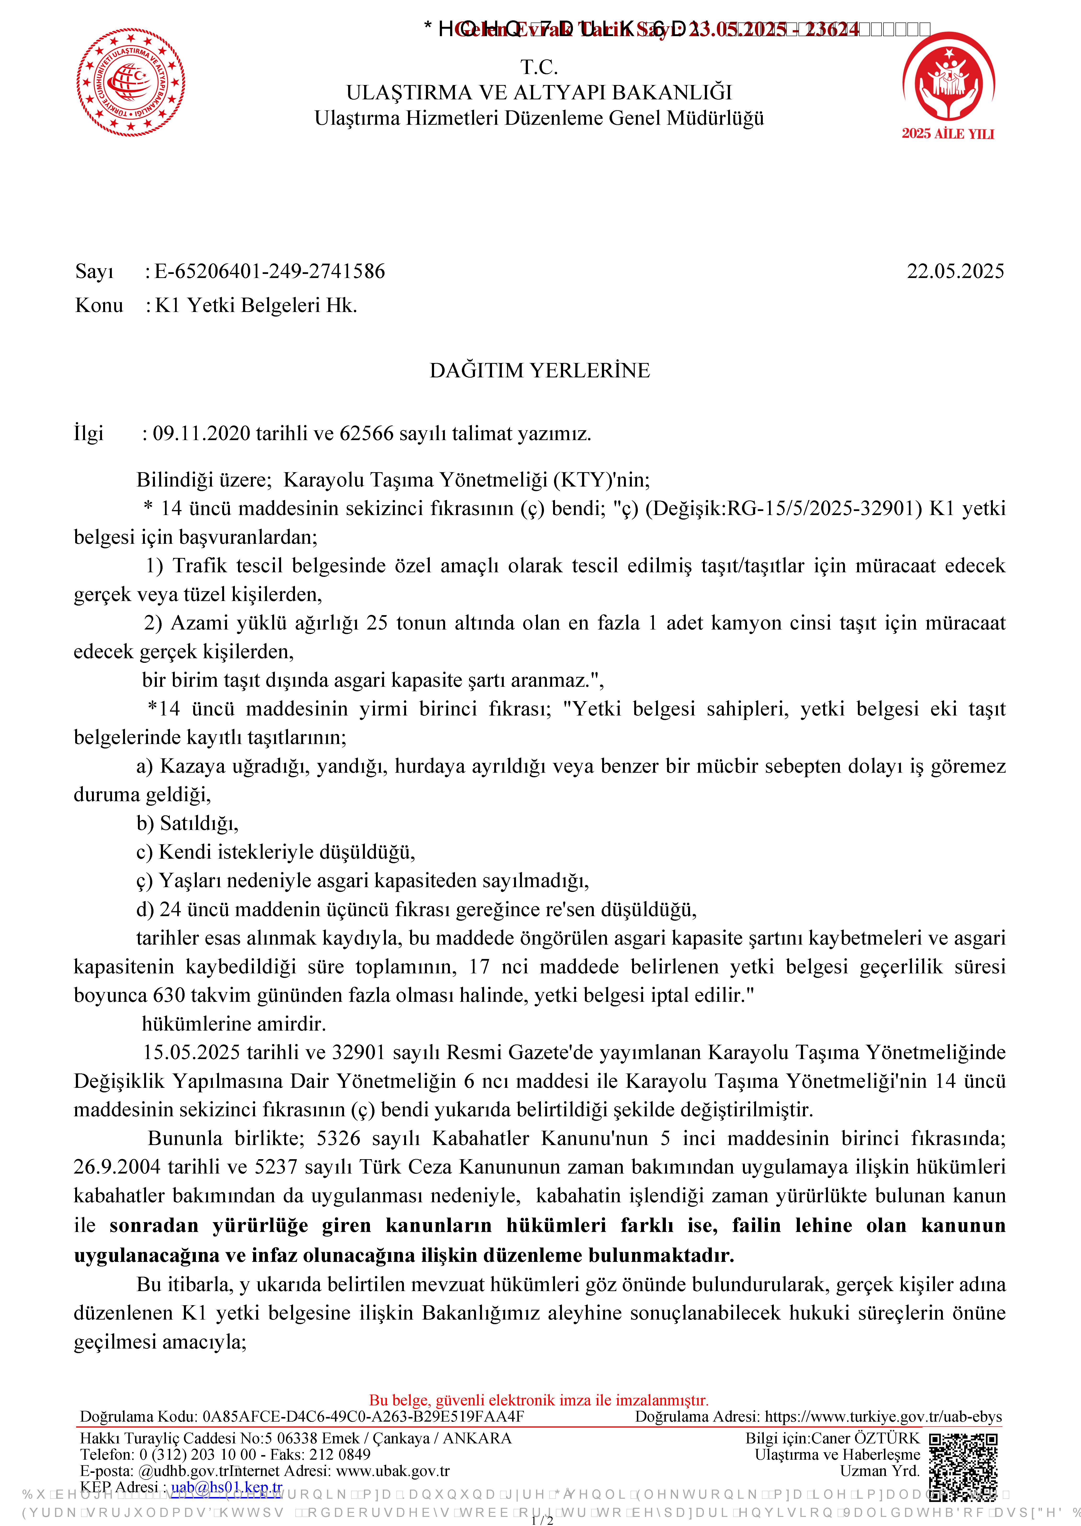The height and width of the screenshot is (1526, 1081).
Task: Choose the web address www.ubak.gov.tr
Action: click(393, 1471)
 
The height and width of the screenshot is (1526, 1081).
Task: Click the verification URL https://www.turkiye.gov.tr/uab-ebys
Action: click(883, 1416)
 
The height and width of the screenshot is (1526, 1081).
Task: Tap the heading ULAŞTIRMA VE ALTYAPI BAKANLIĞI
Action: click(539, 92)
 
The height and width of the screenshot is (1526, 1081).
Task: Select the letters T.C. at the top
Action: click(539, 67)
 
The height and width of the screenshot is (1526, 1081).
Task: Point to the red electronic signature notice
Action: click(539, 1400)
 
